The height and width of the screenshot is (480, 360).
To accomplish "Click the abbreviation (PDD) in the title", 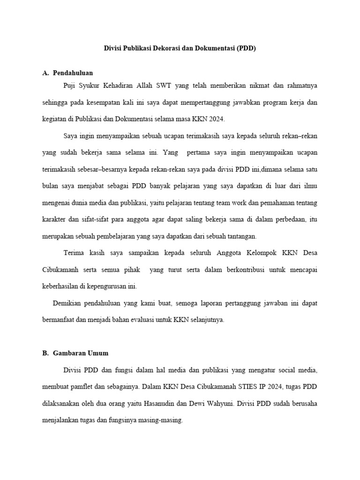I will coord(247,48).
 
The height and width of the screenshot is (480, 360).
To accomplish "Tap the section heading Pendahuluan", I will coord(73,73).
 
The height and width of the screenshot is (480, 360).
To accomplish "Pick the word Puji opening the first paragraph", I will coord(70,85).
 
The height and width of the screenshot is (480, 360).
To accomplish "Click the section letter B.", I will coord(45,353).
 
